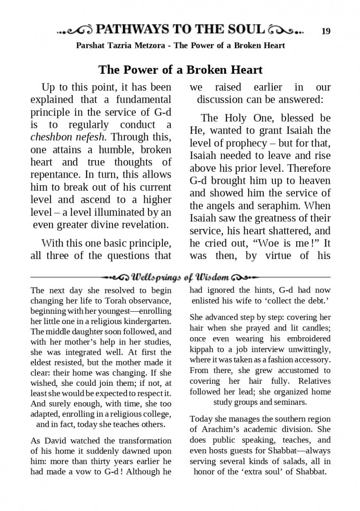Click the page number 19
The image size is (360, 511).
click(x=326, y=31)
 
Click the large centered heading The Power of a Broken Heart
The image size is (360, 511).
click(x=180, y=69)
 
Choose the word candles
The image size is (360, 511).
click(x=316, y=328)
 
